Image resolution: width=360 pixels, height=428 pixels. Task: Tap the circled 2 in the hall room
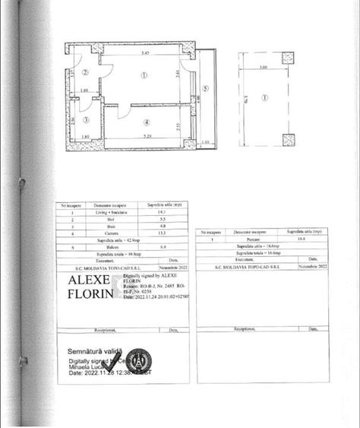coord(86,73)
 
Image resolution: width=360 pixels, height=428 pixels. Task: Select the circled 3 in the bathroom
coord(85,120)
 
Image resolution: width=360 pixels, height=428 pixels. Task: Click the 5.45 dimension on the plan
coord(144,55)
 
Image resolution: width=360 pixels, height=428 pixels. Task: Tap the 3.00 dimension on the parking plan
coord(263,68)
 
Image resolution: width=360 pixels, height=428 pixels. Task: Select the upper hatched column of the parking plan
coord(289,58)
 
